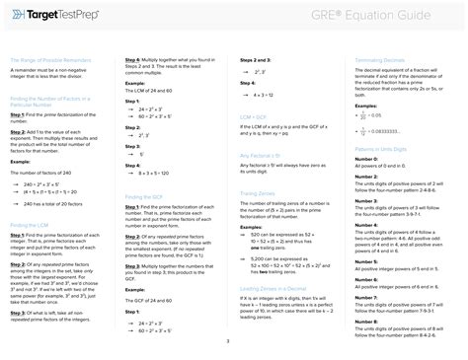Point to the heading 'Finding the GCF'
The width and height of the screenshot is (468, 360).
coord(144,197)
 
